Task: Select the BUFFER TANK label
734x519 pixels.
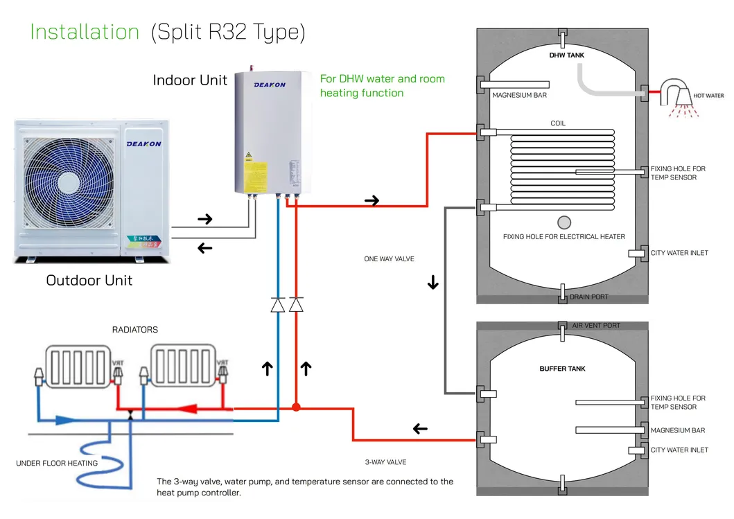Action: (562, 369)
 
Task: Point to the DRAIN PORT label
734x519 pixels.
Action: (589, 297)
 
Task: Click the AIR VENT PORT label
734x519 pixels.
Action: (596, 325)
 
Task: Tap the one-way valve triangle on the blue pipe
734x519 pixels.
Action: (278, 304)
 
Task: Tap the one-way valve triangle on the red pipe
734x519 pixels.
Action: (297, 304)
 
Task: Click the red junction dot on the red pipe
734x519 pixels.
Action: (296, 407)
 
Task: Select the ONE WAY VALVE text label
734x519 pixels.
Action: (389, 259)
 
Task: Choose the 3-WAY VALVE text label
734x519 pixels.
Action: (385, 462)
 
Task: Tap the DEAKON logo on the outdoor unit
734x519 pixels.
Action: (143, 143)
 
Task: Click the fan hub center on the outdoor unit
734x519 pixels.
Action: (69, 182)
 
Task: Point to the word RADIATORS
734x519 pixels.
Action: (135, 330)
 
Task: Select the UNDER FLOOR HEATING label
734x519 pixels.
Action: (57, 464)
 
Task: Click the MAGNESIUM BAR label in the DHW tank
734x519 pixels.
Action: (519, 96)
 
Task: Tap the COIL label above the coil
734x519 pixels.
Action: (558, 123)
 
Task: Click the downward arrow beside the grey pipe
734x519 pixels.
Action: (433, 283)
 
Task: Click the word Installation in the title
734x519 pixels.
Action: (85, 32)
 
